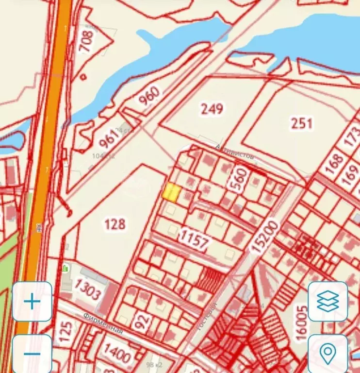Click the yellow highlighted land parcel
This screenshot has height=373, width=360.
point(171,192)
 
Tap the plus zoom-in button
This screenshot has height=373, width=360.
point(32,302)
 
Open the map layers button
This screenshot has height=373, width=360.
point(328,302)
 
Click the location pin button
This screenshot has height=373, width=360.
point(328,353)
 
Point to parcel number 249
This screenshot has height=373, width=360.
point(212,108)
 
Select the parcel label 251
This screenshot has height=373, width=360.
point(301,123)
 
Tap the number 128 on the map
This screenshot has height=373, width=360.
point(115,224)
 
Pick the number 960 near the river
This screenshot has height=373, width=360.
point(148,98)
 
